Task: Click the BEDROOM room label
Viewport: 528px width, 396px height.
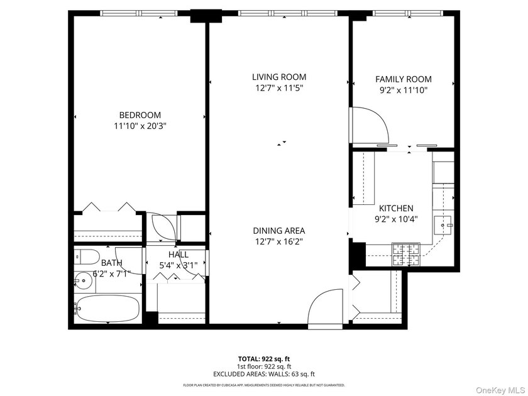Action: click(140, 115)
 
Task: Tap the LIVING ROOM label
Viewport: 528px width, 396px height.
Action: click(279, 77)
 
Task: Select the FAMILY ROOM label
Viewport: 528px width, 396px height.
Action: click(403, 79)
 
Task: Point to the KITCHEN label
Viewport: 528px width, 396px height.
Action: click(395, 208)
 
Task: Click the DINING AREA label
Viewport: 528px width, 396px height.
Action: click(279, 230)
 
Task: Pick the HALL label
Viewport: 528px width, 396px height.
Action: click(178, 254)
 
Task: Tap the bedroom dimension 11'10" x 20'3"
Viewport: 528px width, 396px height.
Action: click(140, 126)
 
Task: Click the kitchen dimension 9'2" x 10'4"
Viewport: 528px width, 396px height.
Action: click(395, 219)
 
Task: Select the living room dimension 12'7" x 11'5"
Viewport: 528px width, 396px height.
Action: click(279, 89)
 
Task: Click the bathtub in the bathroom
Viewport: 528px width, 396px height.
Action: click(107, 308)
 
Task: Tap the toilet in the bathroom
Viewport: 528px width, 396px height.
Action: click(86, 256)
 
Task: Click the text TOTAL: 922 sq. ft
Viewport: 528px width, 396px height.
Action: click(263, 358)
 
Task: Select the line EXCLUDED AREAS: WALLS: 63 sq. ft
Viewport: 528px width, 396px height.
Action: click(263, 374)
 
